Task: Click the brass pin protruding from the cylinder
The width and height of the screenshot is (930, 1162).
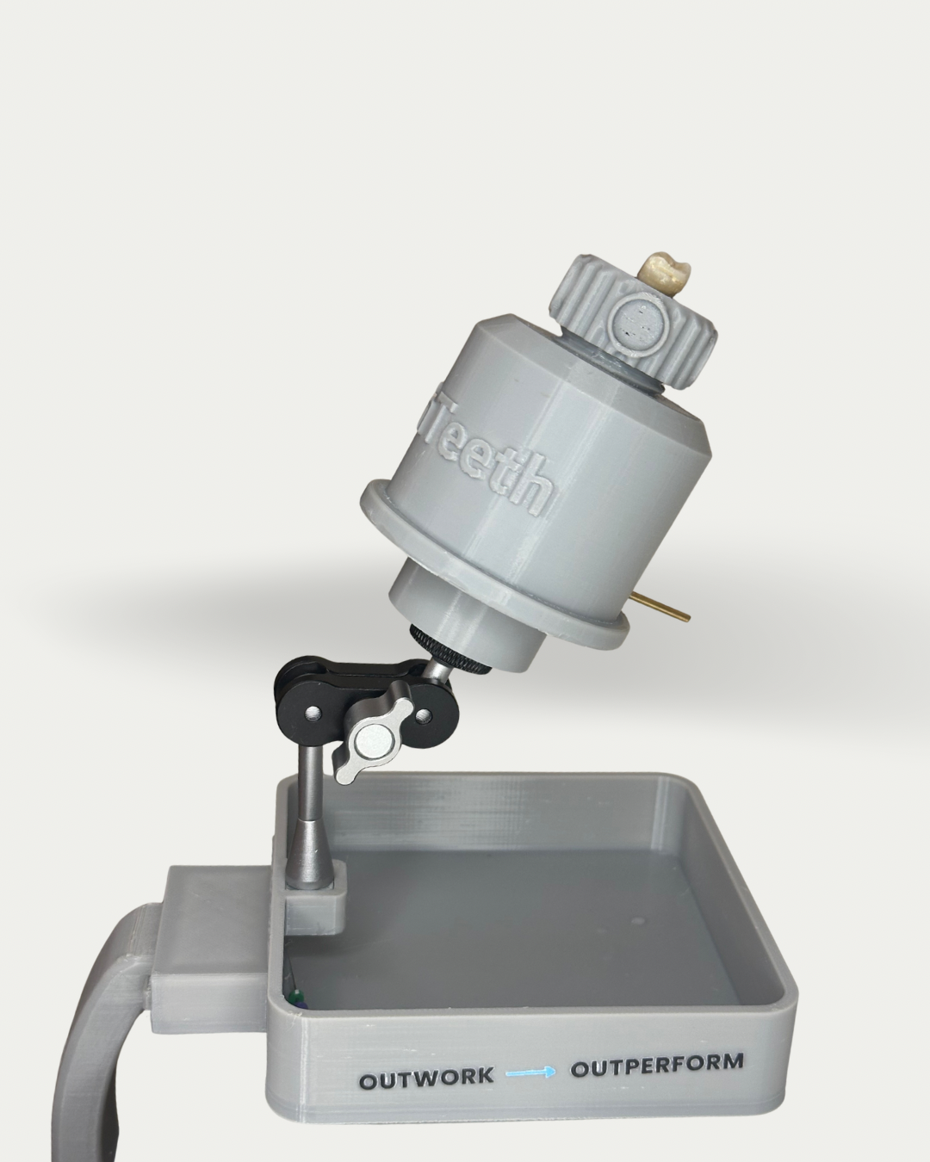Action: [663, 607]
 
